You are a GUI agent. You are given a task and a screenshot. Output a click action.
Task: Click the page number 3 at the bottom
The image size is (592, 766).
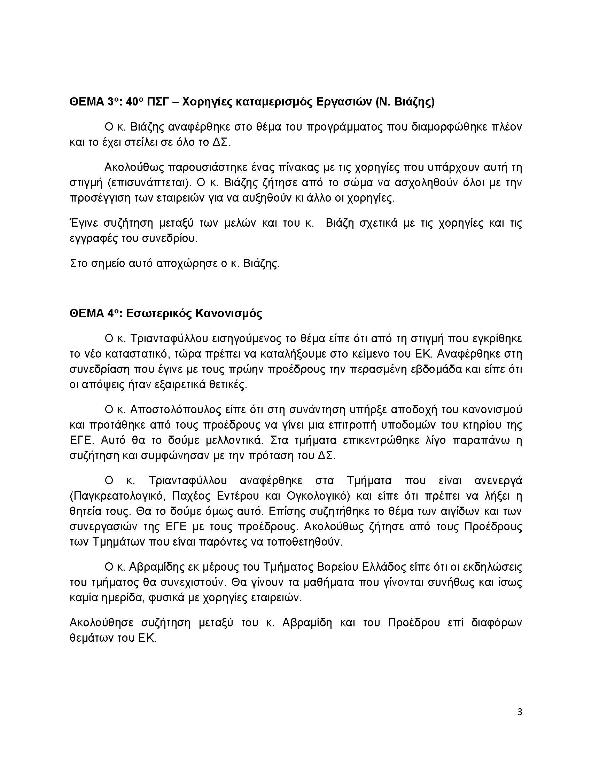click(520, 712)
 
